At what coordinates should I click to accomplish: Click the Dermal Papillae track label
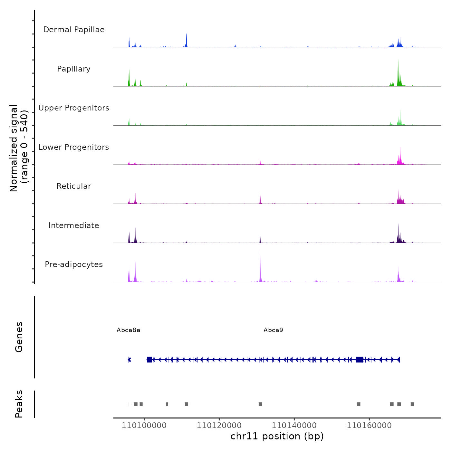pos(74,30)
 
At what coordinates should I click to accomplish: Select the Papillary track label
pos(74,69)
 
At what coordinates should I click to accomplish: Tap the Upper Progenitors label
pos(74,108)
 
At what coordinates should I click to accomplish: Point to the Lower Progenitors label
pos(74,147)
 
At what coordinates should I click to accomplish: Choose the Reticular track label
pos(74,186)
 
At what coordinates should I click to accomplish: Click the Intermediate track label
pos(74,225)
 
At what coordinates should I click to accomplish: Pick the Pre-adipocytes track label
pos(74,264)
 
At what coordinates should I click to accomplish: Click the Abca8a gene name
pos(128,330)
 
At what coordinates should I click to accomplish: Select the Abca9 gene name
pos(273,330)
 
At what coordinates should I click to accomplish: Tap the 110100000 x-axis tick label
pos(144,426)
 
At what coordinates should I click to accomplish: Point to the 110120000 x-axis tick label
pos(219,426)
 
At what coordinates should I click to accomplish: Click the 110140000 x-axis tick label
pos(294,426)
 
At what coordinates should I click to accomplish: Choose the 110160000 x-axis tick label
pos(369,426)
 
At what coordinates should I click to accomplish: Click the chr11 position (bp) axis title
pos(277,437)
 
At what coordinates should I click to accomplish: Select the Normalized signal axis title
pos(19,148)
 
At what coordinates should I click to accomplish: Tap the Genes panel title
pos(19,337)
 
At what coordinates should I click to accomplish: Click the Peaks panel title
pos(19,404)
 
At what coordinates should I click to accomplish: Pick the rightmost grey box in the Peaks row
pos(412,404)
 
